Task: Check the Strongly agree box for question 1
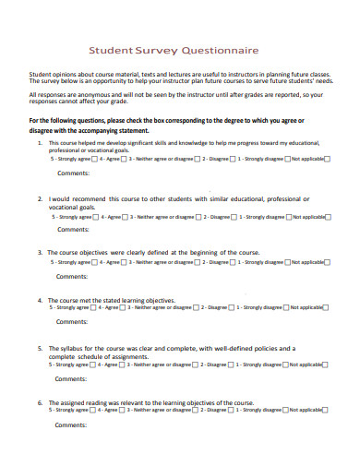94,160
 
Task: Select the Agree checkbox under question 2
125,217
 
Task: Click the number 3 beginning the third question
39,252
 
